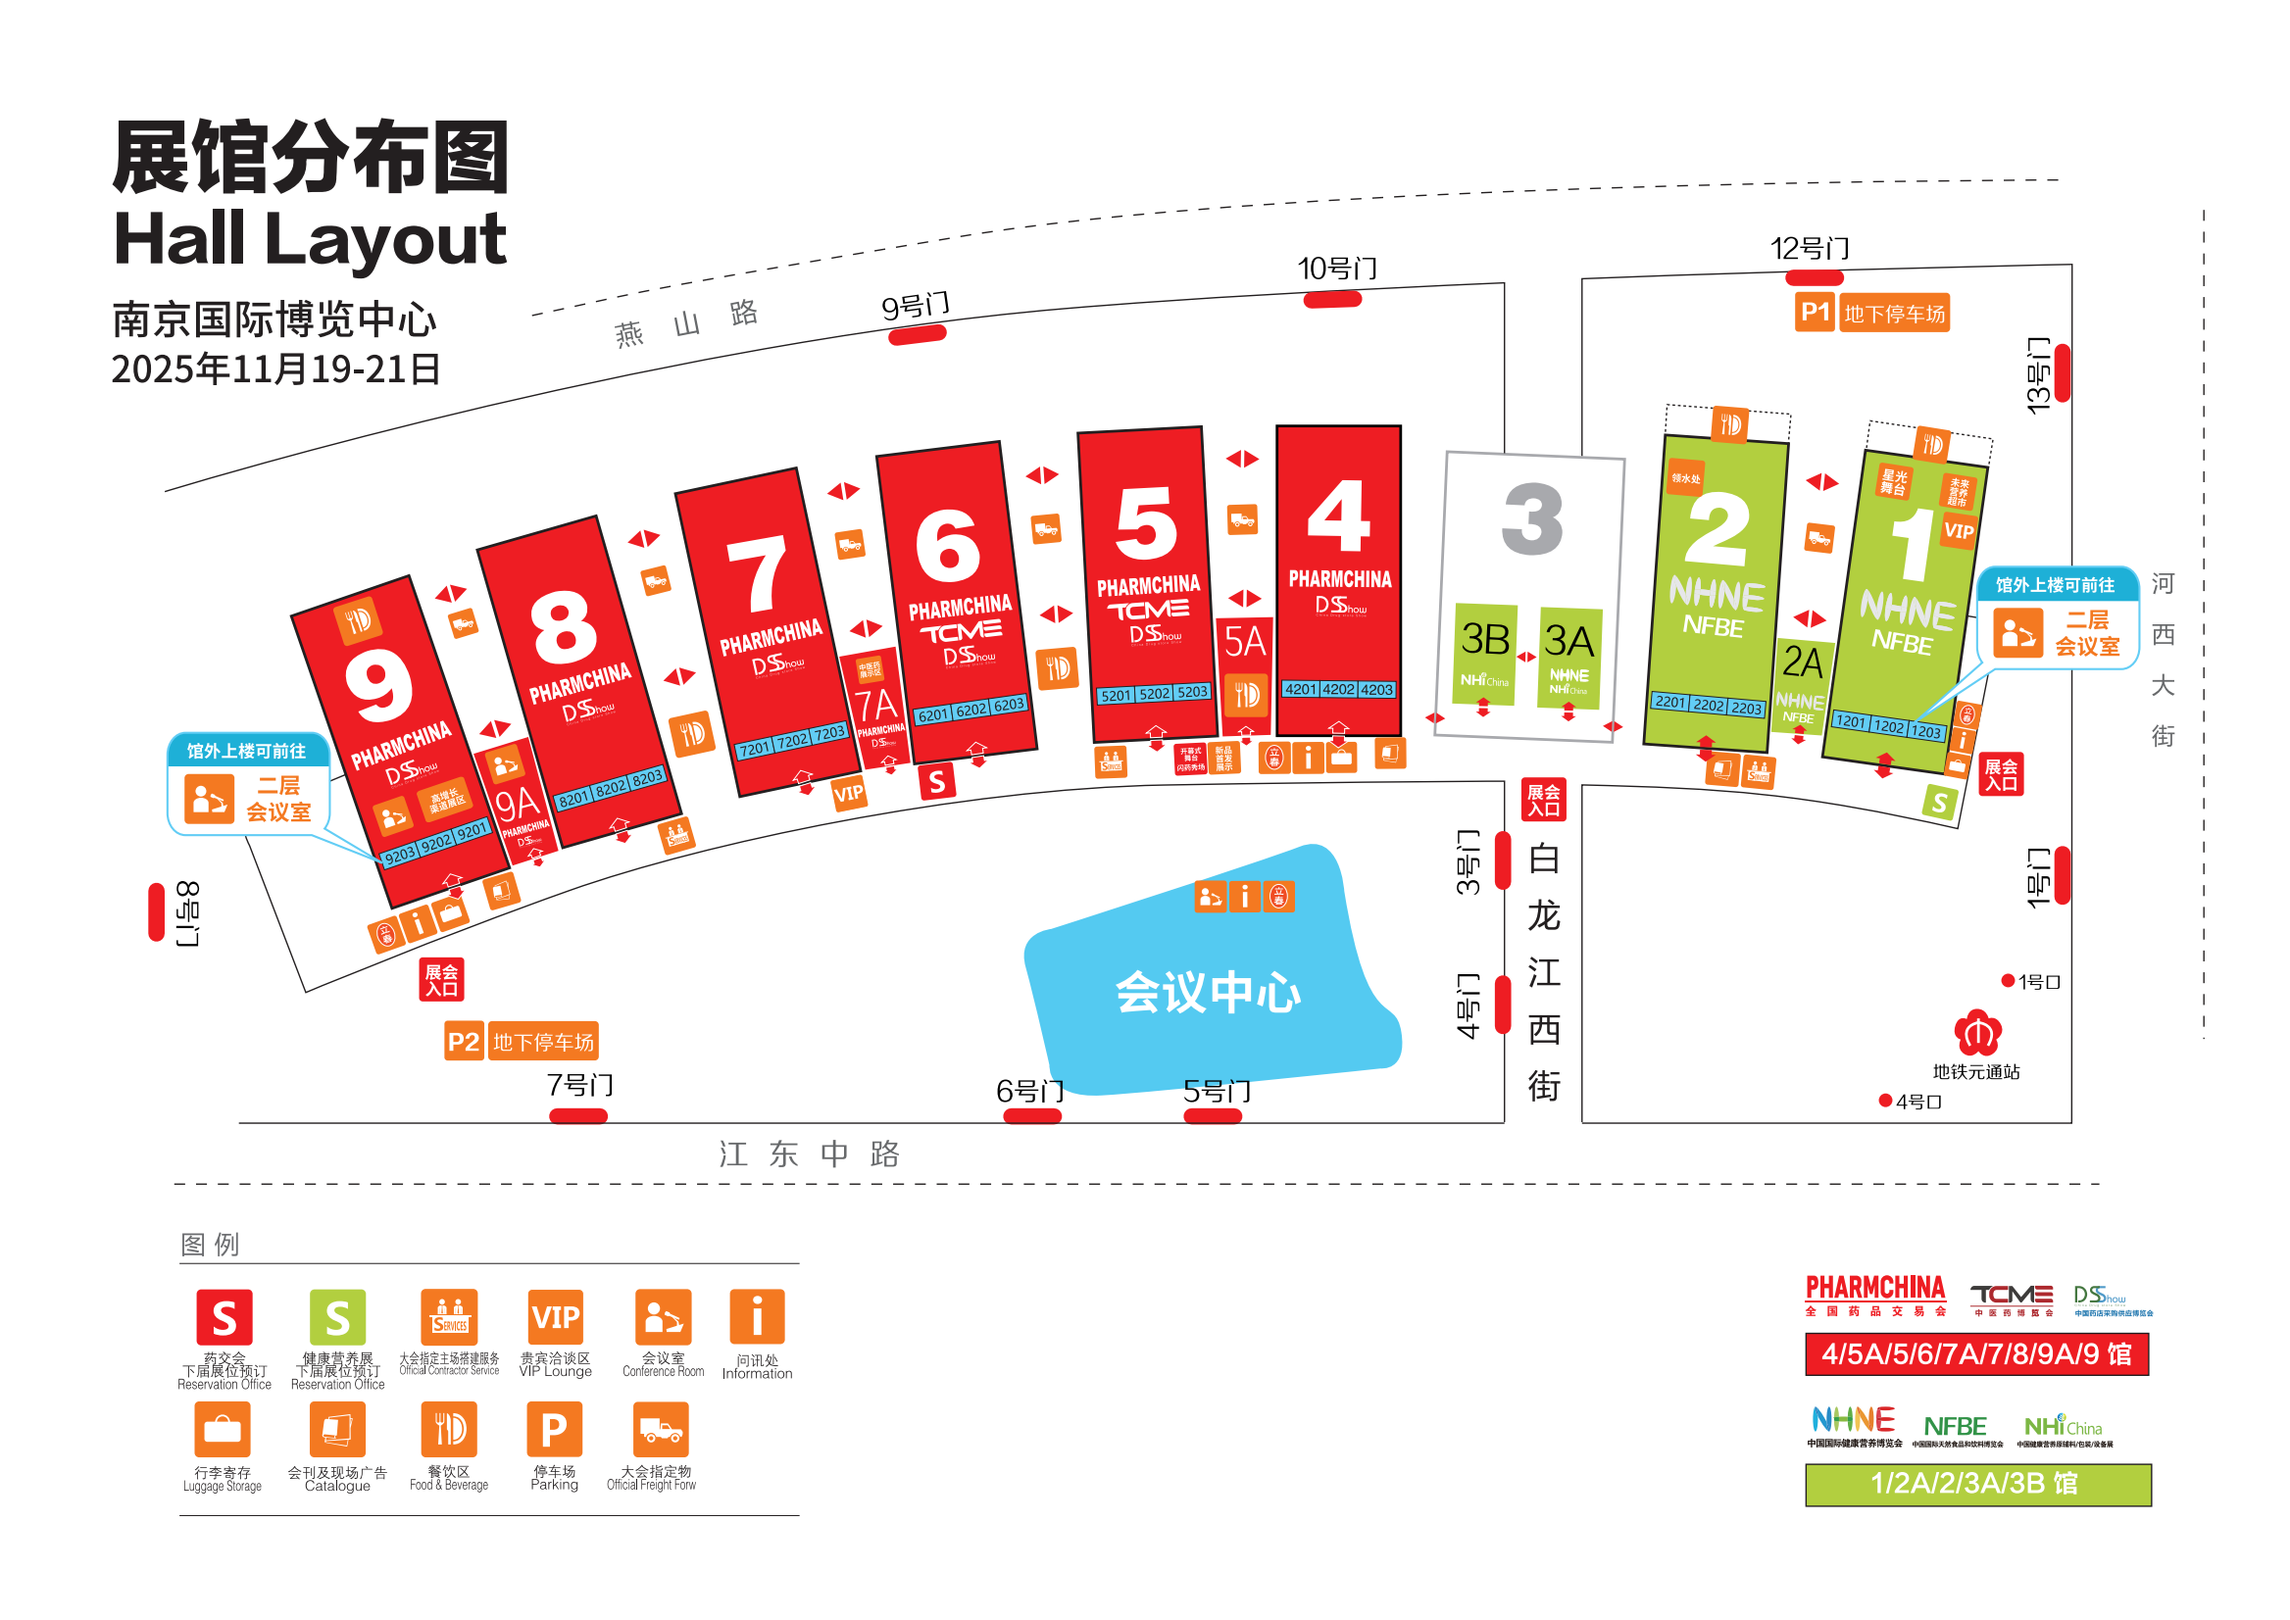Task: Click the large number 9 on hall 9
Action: [x=378, y=687]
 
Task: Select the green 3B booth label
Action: [x=1484, y=639]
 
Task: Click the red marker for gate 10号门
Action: [x=1332, y=299]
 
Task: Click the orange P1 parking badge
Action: [x=1813, y=313]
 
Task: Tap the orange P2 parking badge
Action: [x=464, y=1042]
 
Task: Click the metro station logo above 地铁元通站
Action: [x=1976, y=1032]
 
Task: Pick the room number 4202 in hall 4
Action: [x=1338, y=689]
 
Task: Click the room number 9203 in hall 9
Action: [x=400, y=856]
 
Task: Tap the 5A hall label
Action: [x=1244, y=641]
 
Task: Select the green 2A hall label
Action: [x=1801, y=663]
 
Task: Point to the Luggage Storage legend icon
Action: [x=223, y=1430]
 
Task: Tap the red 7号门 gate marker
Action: [x=577, y=1116]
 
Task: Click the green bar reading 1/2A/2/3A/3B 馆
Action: [x=1976, y=1484]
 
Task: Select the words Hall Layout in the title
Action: [x=310, y=239]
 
